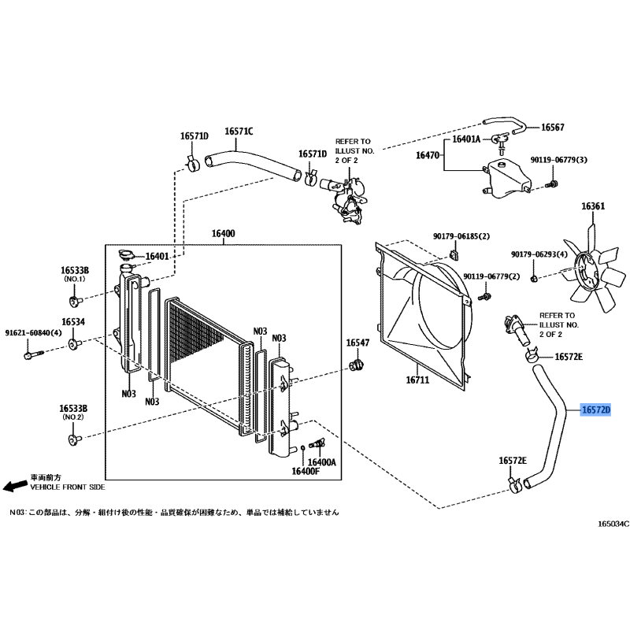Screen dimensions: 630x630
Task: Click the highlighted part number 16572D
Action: pos(596,410)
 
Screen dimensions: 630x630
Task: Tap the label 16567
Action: pos(551,128)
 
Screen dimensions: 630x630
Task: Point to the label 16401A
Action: pos(465,139)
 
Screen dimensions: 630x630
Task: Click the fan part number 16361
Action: pos(593,206)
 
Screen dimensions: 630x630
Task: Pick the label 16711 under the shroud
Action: pos(417,380)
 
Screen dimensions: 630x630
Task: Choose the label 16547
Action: pos(358,343)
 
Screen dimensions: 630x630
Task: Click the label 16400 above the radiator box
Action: pos(223,234)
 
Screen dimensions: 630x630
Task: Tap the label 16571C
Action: pos(239,132)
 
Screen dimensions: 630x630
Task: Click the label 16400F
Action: pos(306,471)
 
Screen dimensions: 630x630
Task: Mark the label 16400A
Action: pos(322,462)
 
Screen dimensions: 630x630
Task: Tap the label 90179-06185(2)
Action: pos(461,235)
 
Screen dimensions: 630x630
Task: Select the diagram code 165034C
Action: pos(613,524)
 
